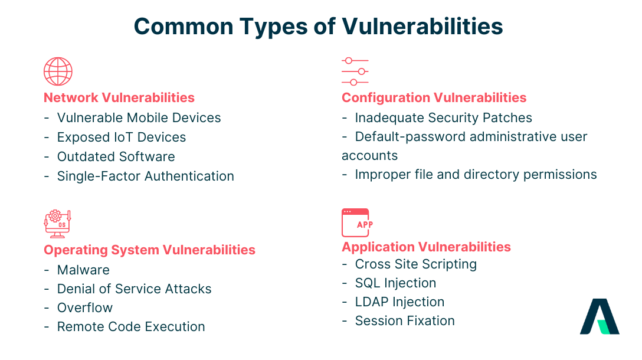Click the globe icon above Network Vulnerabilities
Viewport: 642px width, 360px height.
tap(58, 71)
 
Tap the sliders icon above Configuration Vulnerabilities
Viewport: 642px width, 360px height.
tap(355, 71)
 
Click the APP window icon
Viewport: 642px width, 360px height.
tap(355, 223)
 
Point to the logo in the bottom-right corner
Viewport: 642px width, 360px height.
tap(600, 316)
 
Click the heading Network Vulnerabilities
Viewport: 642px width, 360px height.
tap(119, 97)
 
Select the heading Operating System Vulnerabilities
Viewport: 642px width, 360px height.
tap(149, 250)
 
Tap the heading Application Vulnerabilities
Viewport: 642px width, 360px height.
tap(426, 247)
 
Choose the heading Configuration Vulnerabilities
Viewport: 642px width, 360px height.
tap(434, 97)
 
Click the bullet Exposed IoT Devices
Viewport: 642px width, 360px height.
tap(121, 137)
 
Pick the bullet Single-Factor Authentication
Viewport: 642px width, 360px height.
tap(145, 176)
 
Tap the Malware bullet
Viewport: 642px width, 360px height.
tap(83, 270)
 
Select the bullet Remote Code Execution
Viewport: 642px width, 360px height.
tap(131, 326)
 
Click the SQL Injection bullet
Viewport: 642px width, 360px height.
tap(395, 283)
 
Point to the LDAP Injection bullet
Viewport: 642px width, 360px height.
tap(399, 302)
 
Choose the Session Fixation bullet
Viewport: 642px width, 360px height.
tap(405, 320)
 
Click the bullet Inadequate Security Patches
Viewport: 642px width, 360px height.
tap(443, 117)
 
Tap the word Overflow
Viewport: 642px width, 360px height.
tap(84, 307)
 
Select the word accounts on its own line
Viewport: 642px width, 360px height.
tap(370, 156)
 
